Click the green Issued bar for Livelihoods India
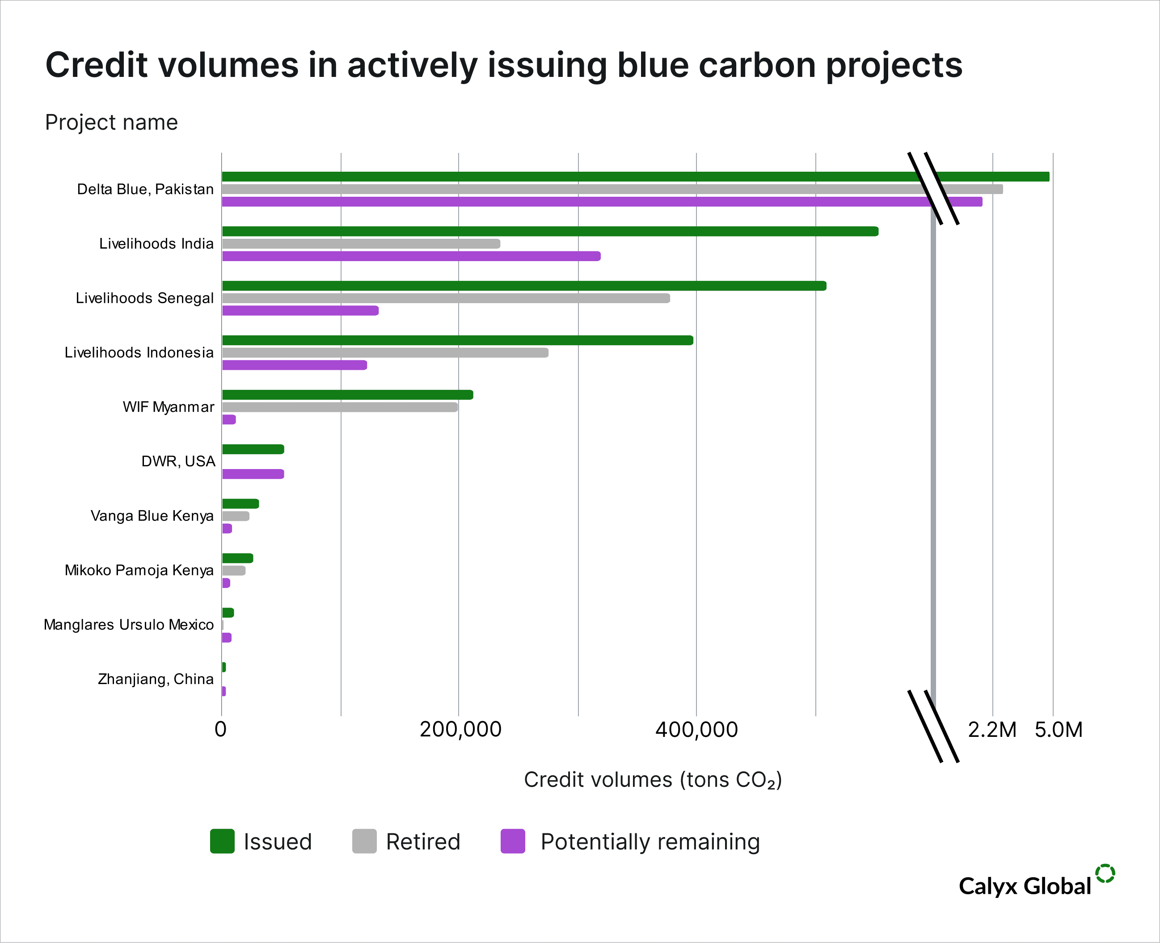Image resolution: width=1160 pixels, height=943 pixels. click(x=549, y=232)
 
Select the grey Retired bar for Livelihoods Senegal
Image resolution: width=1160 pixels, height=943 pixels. click(x=446, y=298)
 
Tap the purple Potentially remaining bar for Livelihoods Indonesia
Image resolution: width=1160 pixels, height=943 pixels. click(x=294, y=365)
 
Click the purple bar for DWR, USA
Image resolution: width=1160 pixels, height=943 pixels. click(x=253, y=474)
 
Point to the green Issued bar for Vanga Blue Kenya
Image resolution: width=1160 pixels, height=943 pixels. click(x=240, y=503)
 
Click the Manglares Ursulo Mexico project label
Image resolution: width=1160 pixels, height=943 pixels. click(x=129, y=625)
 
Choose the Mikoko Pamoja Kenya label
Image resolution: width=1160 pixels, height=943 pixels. click(x=139, y=571)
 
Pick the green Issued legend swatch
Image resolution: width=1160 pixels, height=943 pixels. click(x=222, y=842)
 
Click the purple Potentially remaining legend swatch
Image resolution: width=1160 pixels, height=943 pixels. click(x=513, y=842)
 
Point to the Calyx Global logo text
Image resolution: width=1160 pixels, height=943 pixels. click(x=1025, y=886)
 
